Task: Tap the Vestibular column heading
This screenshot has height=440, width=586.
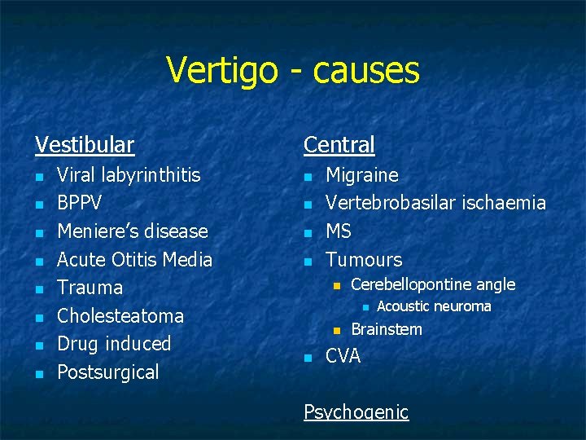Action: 85,145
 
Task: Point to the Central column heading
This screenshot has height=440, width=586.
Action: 339,145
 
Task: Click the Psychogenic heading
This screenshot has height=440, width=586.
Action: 356,412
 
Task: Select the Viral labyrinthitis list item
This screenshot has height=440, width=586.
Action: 129,175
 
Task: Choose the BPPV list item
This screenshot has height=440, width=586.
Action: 80,203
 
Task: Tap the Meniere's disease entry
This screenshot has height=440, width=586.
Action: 133,231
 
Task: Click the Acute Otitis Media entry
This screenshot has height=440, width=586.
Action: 134,260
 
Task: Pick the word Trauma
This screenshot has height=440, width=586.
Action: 90,288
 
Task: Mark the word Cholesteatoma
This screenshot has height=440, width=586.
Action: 120,316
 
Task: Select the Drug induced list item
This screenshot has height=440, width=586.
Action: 114,344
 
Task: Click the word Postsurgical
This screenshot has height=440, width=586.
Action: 108,372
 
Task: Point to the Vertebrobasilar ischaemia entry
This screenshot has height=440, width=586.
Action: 435,203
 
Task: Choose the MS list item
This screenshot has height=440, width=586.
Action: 339,231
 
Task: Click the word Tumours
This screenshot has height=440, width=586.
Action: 364,260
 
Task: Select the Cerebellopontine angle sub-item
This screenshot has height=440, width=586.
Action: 433,284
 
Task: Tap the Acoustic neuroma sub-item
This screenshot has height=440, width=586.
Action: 435,306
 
